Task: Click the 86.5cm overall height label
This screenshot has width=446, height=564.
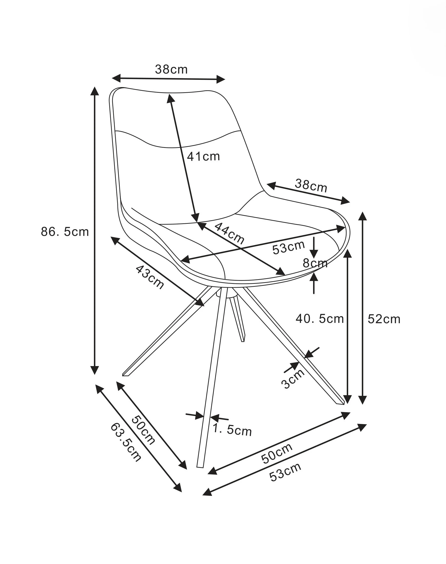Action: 65,232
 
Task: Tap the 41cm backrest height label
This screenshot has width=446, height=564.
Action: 203,156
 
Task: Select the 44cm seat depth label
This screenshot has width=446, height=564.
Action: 229,233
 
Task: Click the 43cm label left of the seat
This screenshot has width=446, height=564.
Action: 150,277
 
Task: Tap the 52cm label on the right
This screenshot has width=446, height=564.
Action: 384,319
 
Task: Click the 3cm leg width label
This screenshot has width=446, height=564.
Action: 293,379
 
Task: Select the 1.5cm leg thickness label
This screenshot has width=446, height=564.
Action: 232,430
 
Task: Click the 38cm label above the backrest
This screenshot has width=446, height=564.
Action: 171,70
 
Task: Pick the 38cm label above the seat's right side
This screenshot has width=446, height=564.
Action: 311,185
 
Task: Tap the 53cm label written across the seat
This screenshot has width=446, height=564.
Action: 288,247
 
